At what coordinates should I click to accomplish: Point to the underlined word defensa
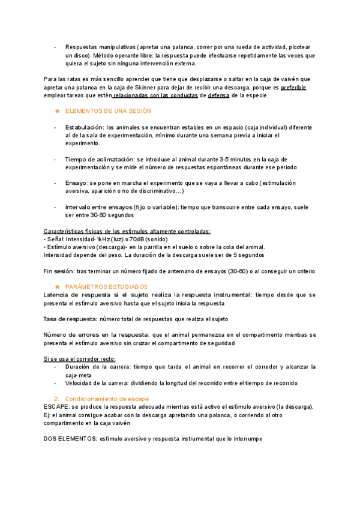click(x=218, y=95)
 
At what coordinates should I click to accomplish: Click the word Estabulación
click(x=84, y=128)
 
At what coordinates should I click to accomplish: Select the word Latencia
click(x=59, y=295)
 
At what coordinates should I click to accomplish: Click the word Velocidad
click(x=80, y=383)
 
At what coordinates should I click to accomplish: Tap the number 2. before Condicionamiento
click(x=56, y=399)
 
